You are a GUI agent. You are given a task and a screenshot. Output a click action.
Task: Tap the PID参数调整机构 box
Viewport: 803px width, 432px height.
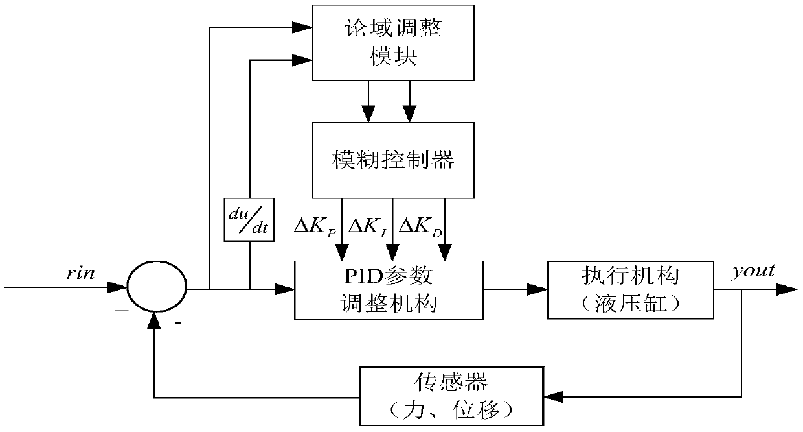[389, 289]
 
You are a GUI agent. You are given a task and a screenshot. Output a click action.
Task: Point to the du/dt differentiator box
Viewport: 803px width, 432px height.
[249, 219]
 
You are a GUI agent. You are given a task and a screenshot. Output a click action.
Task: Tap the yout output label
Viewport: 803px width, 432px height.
[752, 270]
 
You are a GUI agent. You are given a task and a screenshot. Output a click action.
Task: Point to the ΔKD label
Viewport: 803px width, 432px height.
[422, 227]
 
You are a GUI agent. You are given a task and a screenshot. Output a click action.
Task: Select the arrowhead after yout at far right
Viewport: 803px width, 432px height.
[789, 289]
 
